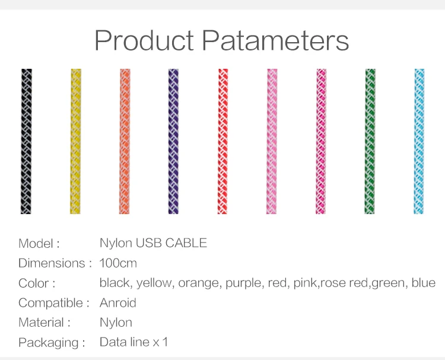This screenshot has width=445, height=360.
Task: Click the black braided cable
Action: pos(26,141)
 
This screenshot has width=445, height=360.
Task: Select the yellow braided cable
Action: pos(75,141)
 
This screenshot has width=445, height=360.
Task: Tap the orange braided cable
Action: pos(125,141)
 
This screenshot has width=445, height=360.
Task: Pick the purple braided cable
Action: pos(173,141)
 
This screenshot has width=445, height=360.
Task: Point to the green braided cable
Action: pos(370,141)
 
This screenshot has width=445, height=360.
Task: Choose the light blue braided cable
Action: pos(419,141)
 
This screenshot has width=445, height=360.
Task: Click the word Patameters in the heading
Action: pos(275,40)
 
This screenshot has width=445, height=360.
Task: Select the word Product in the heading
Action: pos(144,40)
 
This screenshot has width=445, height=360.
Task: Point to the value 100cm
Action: pos(118,263)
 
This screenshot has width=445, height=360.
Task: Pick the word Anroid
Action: pos(118,302)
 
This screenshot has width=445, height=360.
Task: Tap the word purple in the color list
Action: pos(243,283)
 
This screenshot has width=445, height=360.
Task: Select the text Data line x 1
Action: pos(133,342)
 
